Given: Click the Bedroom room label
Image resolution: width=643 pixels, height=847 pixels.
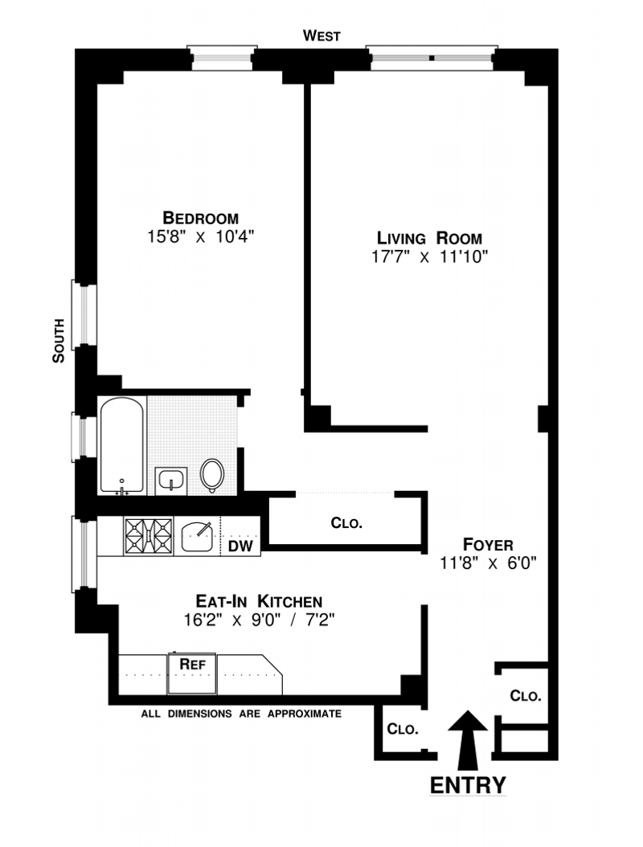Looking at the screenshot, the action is [200, 219].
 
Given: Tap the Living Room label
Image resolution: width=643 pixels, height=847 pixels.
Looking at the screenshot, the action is [429, 238].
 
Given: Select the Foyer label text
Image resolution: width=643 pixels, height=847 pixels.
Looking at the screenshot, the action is [488, 545].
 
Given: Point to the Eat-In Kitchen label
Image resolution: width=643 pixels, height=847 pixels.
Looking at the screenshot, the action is [259, 601].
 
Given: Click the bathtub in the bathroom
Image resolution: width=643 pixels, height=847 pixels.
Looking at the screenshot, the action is [122, 445].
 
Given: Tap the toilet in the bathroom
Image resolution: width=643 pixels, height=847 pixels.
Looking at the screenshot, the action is [212, 476].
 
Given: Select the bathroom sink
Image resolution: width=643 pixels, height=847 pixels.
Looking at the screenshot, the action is [171, 481].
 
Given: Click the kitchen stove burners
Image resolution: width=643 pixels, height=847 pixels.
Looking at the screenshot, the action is [149, 536].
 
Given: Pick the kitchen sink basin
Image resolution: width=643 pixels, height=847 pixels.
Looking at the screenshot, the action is [197, 536].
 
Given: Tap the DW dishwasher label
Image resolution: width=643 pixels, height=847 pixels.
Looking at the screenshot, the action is [240, 546].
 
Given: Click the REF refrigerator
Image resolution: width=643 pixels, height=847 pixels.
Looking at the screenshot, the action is [192, 673].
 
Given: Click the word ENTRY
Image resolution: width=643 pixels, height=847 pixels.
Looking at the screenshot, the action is [468, 784].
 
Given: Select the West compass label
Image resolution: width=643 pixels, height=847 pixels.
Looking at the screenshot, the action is [321, 36].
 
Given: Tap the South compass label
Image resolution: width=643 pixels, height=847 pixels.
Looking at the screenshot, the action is [59, 341].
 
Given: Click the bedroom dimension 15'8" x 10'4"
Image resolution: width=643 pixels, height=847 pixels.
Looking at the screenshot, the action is [200, 236].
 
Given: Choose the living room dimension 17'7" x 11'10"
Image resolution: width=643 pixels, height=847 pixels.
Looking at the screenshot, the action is [429, 256].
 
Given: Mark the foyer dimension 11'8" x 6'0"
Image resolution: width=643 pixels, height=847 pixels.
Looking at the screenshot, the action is [488, 563].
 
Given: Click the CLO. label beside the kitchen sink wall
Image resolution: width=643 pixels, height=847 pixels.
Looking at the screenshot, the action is [346, 523].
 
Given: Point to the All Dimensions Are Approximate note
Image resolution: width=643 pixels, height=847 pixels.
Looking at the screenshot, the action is [242, 714].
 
